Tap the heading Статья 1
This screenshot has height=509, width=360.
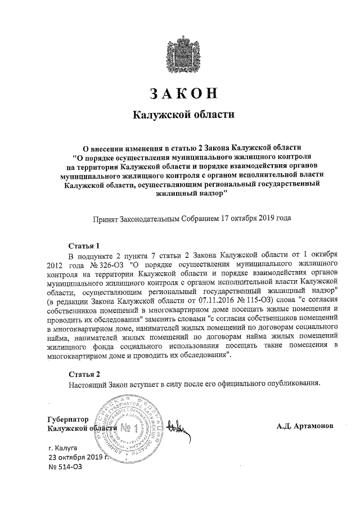click(x=84, y=246)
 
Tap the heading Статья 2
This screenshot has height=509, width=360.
click(x=84, y=374)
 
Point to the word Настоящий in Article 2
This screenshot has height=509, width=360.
click(x=88, y=384)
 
